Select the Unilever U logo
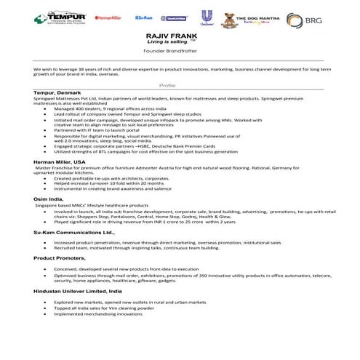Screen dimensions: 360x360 pyautogui.click(x=208, y=17)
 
